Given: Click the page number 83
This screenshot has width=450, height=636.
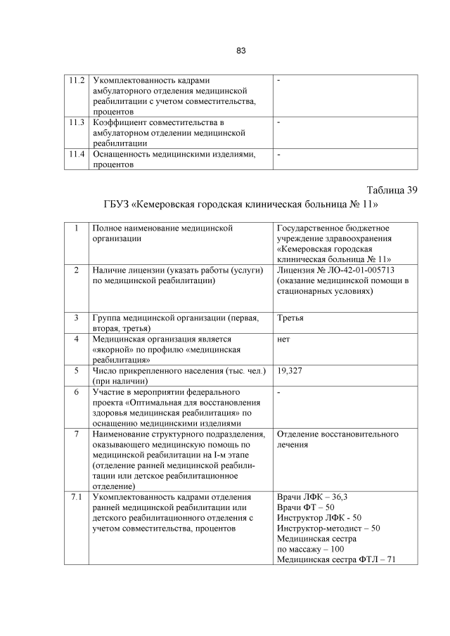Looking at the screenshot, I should (x=240, y=51).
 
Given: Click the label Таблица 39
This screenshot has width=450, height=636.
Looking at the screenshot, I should (x=392, y=190).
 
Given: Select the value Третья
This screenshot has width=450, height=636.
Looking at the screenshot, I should (x=290, y=318).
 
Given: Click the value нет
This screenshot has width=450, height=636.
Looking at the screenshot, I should (x=284, y=339).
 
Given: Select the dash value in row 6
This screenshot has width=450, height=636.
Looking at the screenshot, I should (x=279, y=391).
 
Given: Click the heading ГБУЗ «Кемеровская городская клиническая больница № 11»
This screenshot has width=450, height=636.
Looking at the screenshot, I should (x=240, y=205).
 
